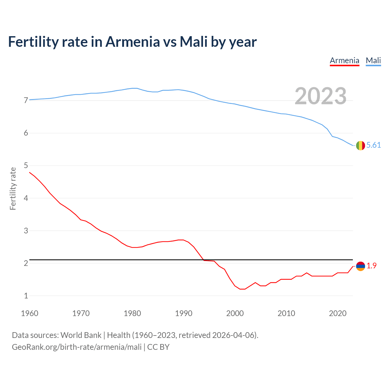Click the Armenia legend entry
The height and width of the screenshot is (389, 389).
[x=345, y=60]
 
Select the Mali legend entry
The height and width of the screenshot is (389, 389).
[x=373, y=60]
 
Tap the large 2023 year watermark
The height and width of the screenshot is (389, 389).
[x=321, y=96]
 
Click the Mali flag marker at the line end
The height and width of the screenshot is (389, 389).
[x=360, y=146]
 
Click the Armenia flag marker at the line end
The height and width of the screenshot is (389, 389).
[x=360, y=266]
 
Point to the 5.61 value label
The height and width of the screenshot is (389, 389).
[x=374, y=145]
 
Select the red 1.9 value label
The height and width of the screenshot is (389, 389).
[x=371, y=266]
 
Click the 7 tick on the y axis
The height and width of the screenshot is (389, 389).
[x=26, y=101]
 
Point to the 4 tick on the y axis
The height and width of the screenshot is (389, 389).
[x=26, y=198]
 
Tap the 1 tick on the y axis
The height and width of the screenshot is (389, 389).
[x=26, y=296]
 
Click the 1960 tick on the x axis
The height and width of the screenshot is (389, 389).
[x=29, y=313]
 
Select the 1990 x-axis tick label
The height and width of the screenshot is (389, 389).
[x=184, y=313]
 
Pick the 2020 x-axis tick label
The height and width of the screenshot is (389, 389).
[x=338, y=313]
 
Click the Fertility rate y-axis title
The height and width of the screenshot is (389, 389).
[x=13, y=188]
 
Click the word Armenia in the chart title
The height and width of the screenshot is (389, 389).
[x=133, y=42]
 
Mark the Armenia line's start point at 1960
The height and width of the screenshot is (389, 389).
[x=29, y=172]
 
